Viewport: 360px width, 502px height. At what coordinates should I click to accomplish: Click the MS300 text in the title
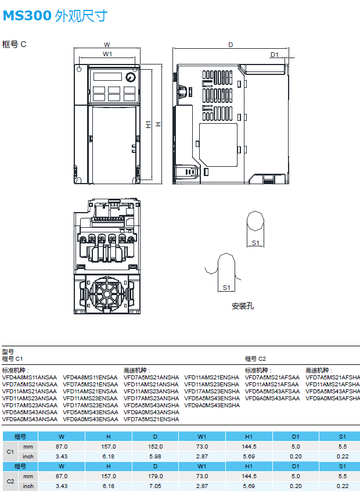(27, 16)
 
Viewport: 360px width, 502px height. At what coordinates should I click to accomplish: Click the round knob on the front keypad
(131, 77)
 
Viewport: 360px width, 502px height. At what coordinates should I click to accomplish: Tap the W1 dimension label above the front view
(107, 54)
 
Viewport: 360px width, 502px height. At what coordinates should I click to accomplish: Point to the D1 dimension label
(275, 55)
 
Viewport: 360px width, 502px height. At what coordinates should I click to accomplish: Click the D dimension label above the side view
(231, 45)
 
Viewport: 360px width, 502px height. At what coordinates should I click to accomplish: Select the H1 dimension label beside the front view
(149, 124)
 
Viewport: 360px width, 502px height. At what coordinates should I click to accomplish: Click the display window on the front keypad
(107, 77)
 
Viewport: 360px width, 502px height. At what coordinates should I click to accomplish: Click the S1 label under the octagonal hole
(255, 243)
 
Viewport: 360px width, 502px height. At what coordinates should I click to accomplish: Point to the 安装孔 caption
(243, 306)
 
